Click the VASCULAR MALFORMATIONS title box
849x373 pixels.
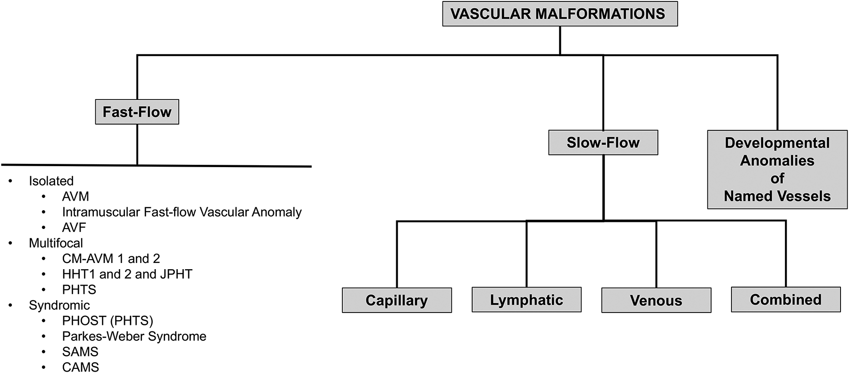559,14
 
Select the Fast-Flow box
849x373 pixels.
137,112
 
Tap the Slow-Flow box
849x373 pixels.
603,143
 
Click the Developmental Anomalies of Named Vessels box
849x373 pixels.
777,170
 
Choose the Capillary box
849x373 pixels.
397,300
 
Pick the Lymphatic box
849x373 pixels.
526,300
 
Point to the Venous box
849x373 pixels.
656,300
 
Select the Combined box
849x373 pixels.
786,299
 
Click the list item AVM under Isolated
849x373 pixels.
75,196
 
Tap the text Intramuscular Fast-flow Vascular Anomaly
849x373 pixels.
182,212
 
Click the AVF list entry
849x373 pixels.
74,228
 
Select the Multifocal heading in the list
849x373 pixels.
56,243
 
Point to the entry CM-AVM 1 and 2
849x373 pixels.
111,259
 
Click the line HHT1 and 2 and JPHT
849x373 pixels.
127,274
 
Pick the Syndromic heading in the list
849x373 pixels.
59,305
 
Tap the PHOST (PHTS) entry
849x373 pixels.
108,321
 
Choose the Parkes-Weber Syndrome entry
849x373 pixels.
134,336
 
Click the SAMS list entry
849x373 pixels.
80,352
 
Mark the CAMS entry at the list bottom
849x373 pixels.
81,367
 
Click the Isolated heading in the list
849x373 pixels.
51,181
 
